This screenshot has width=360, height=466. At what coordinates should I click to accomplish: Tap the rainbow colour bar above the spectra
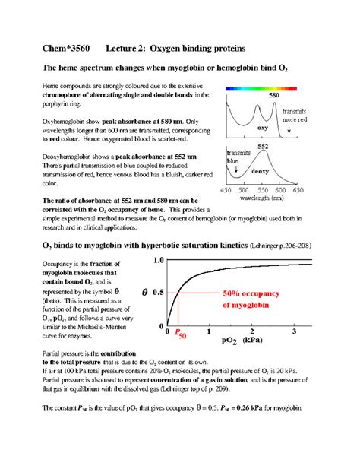(264, 89)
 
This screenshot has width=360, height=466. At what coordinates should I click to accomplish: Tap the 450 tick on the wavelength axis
(226, 189)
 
